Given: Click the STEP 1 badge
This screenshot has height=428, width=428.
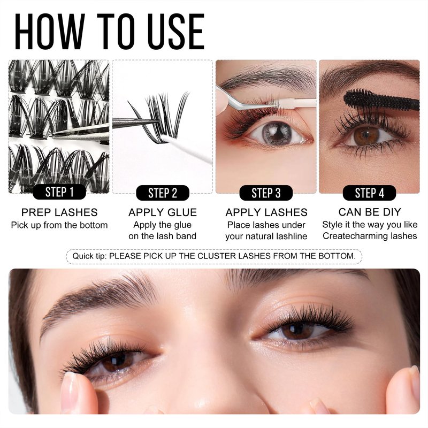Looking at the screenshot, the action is [59, 192].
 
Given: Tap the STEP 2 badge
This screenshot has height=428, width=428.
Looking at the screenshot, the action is [163, 193].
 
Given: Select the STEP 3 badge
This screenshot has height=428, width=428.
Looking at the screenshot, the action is [266, 193].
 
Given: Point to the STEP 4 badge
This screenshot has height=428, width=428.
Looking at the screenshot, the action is [369, 193].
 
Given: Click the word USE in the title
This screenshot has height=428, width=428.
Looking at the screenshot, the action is [176, 32].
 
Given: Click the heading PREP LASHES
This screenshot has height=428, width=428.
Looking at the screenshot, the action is [59, 212].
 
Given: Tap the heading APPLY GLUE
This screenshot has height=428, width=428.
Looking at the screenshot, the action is [163, 212].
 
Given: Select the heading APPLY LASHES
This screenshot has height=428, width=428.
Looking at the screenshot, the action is [266, 212].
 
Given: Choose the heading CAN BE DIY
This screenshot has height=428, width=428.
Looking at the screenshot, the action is [370, 212].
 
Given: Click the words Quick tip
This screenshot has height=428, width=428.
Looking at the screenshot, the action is [89, 256].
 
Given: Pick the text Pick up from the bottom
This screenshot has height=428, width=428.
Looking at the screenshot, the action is [59, 225].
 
